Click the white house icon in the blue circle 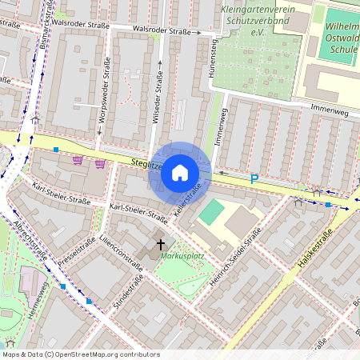point(180,172)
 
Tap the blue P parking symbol point(254,179)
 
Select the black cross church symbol point(160,243)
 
